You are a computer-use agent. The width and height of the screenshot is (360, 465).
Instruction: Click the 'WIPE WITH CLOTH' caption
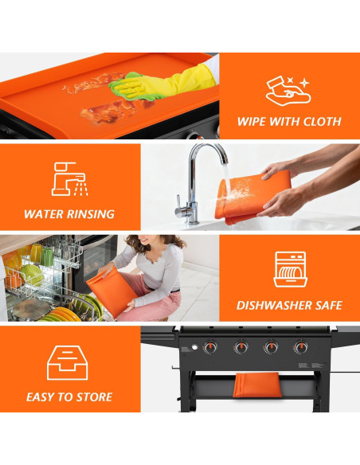tap(289, 122)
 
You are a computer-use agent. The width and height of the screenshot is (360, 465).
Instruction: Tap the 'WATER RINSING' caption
tap(69, 213)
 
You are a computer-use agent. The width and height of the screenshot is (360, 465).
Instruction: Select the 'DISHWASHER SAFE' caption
tap(289, 305)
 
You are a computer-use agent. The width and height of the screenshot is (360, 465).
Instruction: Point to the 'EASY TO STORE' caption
tap(69, 397)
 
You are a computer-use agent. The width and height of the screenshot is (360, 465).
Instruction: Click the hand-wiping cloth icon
tap(288, 90)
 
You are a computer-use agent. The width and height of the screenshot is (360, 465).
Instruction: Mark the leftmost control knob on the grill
tap(212, 347)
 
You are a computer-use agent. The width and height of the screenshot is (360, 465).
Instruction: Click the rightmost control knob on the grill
tap(301, 347)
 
